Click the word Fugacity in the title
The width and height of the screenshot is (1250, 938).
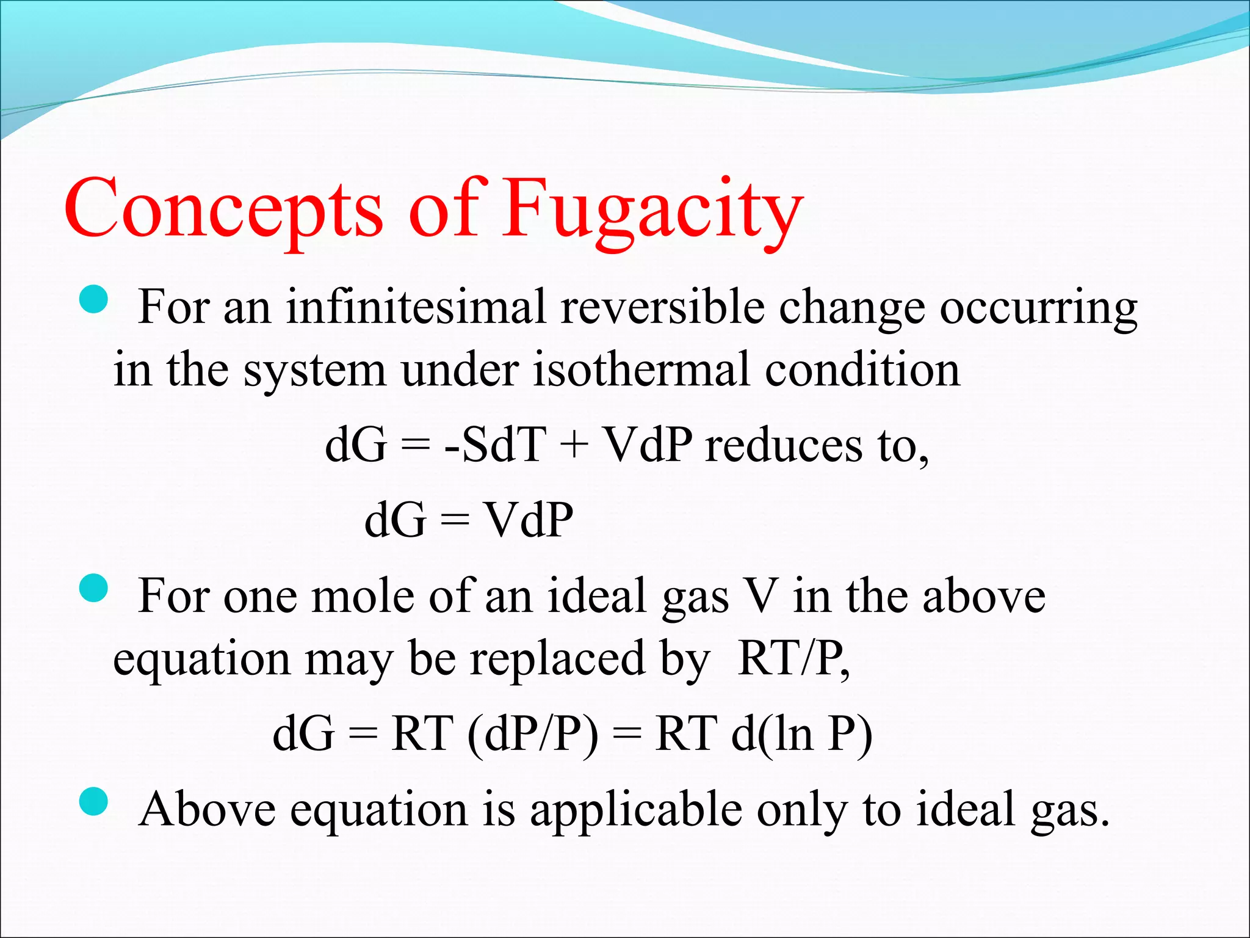[x=651, y=211]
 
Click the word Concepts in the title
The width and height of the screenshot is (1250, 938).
[x=223, y=211]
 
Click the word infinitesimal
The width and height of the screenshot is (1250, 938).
[x=416, y=307]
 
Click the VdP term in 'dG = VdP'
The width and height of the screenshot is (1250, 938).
[x=529, y=520]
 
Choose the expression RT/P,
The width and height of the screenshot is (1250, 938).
[x=793, y=659]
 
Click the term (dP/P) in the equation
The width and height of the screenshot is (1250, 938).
[x=533, y=733]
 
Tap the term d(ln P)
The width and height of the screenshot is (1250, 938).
[x=801, y=733]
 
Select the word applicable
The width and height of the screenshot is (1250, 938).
[x=635, y=810]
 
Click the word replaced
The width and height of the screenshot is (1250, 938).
[x=557, y=659]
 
